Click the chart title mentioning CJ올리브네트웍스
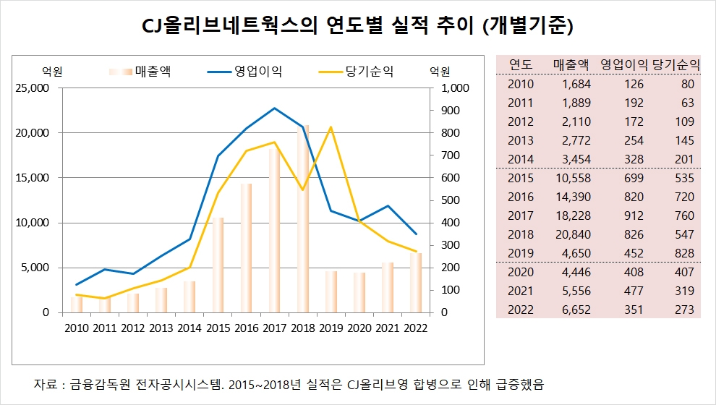(358, 27)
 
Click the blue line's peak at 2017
(274, 108)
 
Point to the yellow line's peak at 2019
(331, 127)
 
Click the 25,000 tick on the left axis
(33, 88)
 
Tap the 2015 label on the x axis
(217, 328)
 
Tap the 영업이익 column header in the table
(624, 64)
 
